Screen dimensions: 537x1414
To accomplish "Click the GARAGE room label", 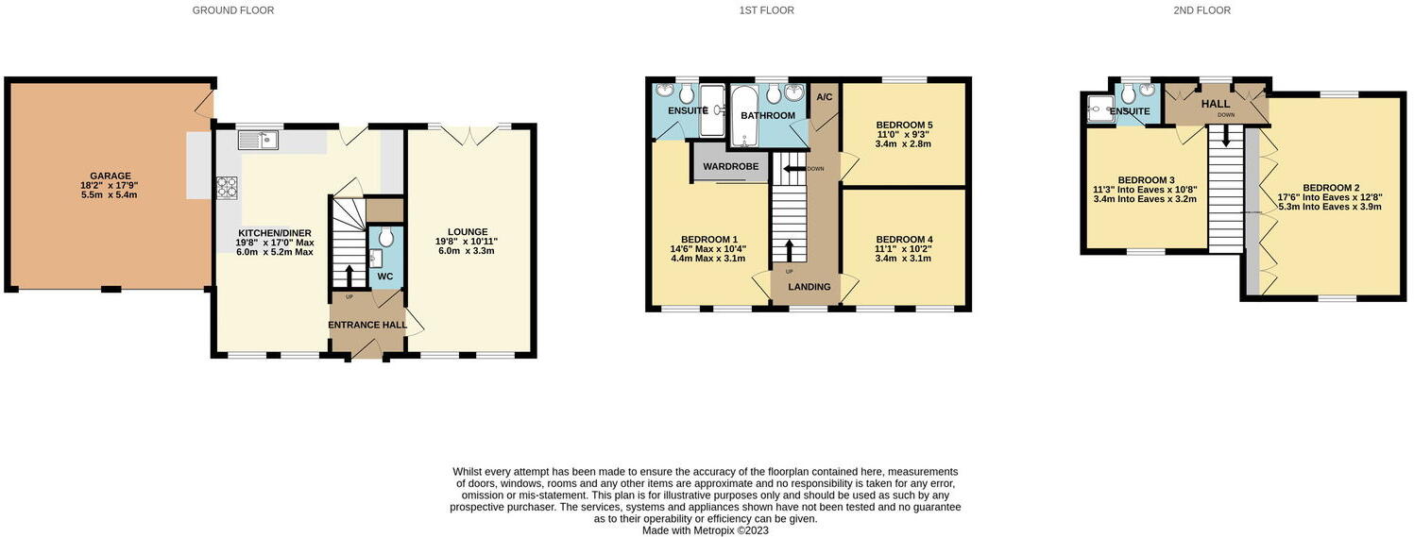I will coord(111,176).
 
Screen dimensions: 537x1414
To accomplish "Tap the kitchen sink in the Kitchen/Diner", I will coord(257,141).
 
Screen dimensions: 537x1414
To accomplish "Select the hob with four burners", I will coord(227,185).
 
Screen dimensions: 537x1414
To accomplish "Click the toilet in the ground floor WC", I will coord(384,240).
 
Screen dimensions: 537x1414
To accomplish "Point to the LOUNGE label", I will coord(468,231).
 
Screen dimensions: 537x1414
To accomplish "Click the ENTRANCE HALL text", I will coord(367,326).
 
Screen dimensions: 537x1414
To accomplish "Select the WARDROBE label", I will coord(731,167).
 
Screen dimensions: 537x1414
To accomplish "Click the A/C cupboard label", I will coord(824,97).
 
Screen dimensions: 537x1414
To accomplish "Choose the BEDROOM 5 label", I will coord(903,125).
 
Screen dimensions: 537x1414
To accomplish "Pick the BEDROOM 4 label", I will coord(903,240).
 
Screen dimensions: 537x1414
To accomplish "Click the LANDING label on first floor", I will coord(809,287).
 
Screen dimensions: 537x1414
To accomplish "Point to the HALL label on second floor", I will coord(1215,103).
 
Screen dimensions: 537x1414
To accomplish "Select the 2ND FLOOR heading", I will coord(1202,10).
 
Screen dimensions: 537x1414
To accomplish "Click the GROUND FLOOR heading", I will coord(233,10).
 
